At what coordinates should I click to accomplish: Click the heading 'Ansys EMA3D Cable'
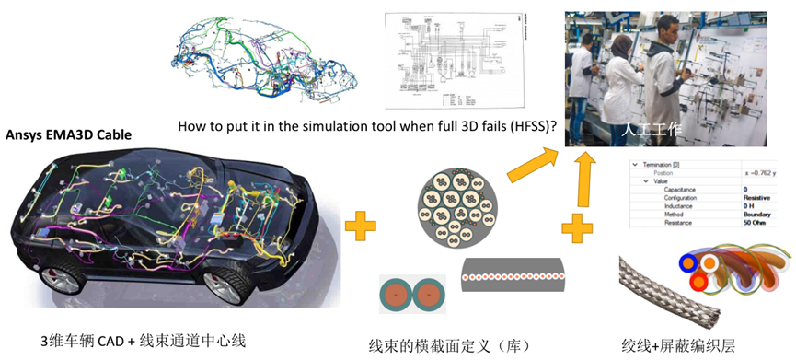point(69,134)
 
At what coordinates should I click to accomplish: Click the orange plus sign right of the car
point(361,224)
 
